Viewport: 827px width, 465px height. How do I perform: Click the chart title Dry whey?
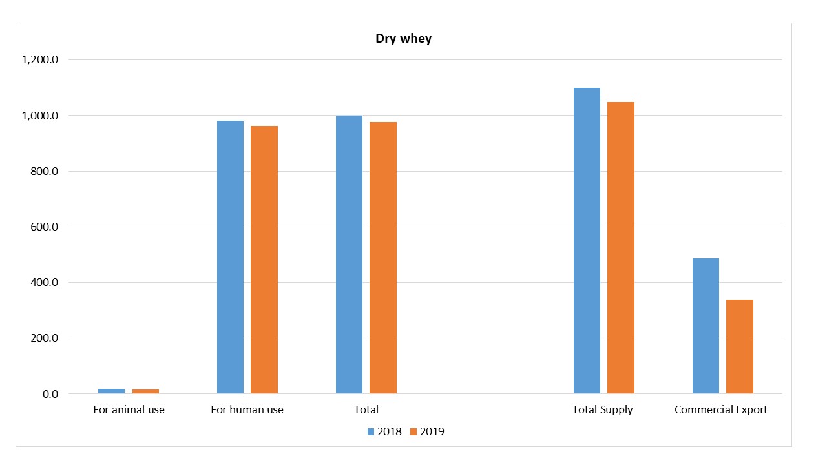[403, 39]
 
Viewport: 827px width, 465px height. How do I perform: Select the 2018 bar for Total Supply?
[587, 240]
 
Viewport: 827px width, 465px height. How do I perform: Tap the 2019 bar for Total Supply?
[621, 247]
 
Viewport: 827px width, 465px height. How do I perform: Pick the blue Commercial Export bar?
[706, 325]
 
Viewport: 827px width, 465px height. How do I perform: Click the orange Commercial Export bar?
[740, 346]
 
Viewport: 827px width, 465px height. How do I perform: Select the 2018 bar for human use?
[230, 257]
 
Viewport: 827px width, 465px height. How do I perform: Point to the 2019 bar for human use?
[264, 260]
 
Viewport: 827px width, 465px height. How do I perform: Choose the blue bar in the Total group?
[349, 254]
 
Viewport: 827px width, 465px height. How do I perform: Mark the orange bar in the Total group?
[383, 258]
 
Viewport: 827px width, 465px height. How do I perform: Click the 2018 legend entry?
[384, 431]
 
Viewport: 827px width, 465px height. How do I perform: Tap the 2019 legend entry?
[427, 431]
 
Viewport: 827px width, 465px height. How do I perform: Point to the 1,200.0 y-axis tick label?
[40, 60]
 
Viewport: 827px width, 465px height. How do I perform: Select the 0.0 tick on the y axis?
[50, 394]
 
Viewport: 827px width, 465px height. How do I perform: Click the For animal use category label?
[129, 409]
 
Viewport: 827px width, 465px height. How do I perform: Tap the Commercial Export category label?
[721, 409]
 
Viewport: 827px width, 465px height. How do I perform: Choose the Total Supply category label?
[603, 409]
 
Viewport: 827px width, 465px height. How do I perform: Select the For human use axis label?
[247, 409]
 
